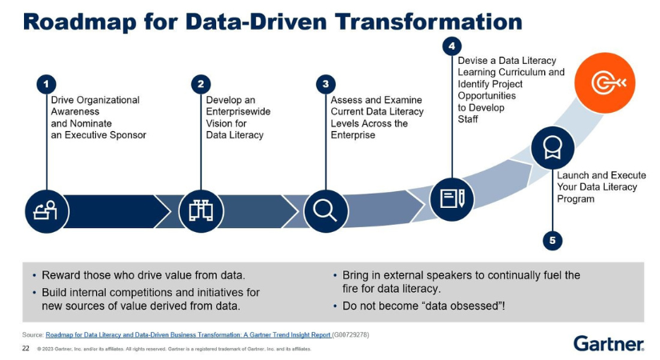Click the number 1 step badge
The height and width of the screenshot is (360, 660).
point(47,83)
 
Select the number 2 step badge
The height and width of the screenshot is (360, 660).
point(202,83)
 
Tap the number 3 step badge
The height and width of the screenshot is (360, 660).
point(325,83)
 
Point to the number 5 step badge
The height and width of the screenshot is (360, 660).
point(552,239)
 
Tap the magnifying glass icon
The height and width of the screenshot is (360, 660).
point(325,210)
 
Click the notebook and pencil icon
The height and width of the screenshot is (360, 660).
point(452,197)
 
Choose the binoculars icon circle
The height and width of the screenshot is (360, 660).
point(200,210)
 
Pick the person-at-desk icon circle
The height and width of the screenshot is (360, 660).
point(47,210)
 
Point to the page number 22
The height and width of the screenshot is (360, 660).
point(26,349)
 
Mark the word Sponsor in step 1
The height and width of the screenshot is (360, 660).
point(129,135)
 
